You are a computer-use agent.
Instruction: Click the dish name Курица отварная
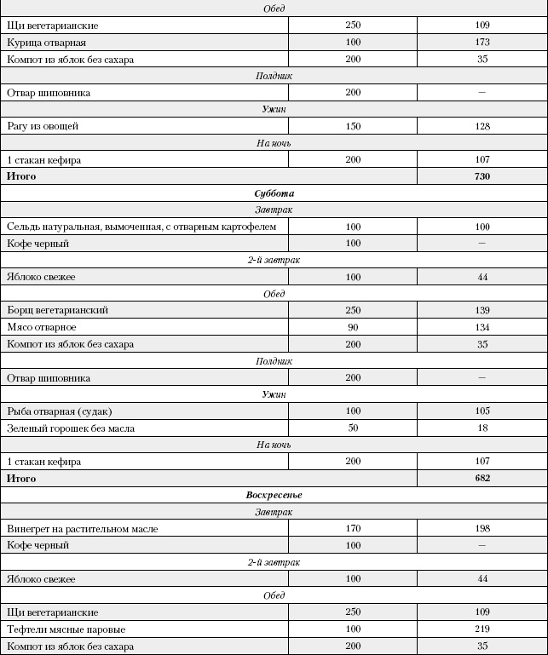pyautogui.click(x=46, y=43)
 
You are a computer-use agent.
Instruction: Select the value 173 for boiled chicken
pyautogui.click(x=482, y=43)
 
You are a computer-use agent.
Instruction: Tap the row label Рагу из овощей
pyautogui.click(x=43, y=126)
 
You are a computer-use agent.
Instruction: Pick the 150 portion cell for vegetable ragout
pyautogui.click(x=353, y=126)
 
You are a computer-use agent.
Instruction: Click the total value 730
pyautogui.click(x=482, y=176)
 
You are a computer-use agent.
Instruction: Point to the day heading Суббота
pyautogui.click(x=274, y=193)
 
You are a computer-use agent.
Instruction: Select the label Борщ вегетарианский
pyautogui.click(x=57, y=310)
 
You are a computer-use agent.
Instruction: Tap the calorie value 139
pyautogui.click(x=482, y=310)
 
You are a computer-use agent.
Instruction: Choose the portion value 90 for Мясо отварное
pyautogui.click(x=353, y=327)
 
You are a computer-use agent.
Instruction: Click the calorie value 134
pyautogui.click(x=482, y=327)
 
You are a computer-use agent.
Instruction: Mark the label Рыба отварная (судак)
pyautogui.click(x=59, y=411)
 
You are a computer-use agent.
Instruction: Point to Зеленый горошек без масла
pyautogui.click(x=71, y=428)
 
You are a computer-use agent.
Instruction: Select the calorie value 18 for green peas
pyautogui.click(x=482, y=428)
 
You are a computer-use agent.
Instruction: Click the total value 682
pyautogui.click(x=482, y=479)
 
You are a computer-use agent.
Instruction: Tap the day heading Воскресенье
pyautogui.click(x=274, y=495)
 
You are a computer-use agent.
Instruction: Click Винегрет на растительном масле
pyautogui.click(x=82, y=529)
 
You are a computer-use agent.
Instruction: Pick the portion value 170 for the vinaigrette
pyautogui.click(x=353, y=529)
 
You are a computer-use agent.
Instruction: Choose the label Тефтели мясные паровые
pyautogui.click(x=66, y=629)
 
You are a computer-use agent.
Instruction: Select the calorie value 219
pyautogui.click(x=482, y=629)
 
